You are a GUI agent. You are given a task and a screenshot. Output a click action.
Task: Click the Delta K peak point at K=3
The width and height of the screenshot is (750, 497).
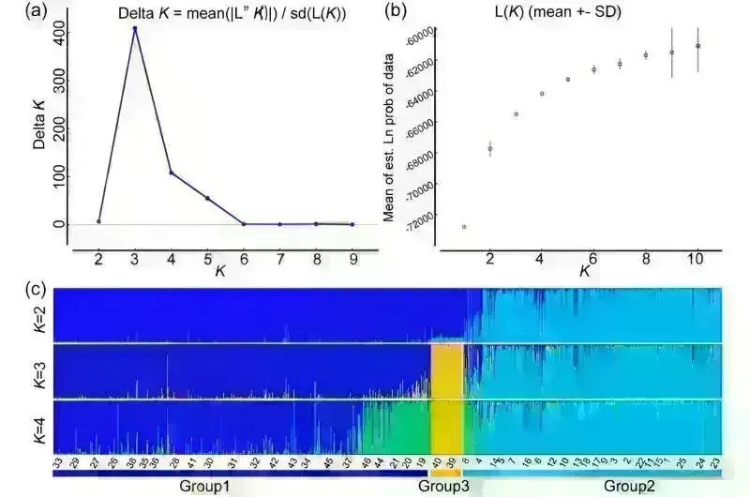click(x=135, y=28)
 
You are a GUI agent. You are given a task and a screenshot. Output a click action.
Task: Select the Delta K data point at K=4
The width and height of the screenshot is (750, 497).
click(x=171, y=173)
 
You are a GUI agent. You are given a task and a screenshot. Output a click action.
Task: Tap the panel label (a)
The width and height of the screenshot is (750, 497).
click(x=38, y=12)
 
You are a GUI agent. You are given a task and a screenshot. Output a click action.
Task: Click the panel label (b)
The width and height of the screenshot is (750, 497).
click(x=395, y=12)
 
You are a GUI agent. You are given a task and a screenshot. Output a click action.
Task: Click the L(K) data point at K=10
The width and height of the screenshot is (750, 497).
click(x=697, y=46)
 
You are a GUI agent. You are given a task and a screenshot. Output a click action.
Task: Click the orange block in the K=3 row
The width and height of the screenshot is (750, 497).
click(x=445, y=371)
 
